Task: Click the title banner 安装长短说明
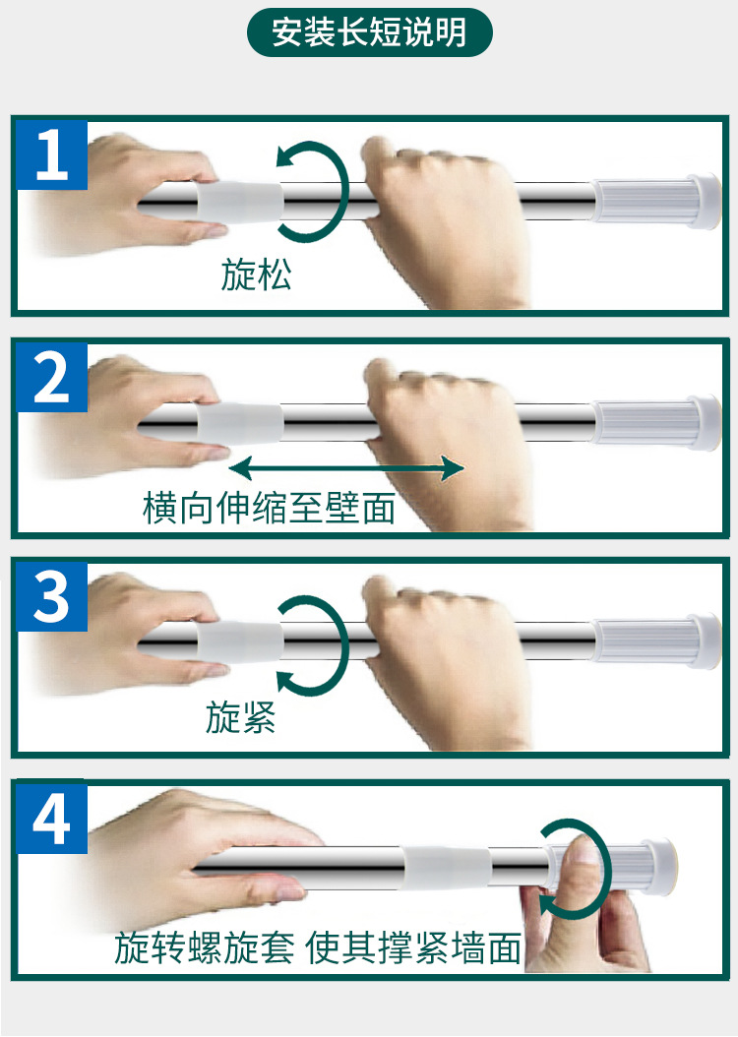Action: (x=369, y=32)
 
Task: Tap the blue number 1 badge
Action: (x=52, y=154)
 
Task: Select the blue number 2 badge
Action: (x=52, y=377)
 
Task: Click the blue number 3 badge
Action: (x=52, y=597)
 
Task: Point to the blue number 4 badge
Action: (x=52, y=818)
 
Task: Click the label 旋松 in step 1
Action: (x=256, y=274)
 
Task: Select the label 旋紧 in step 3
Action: (x=240, y=717)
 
